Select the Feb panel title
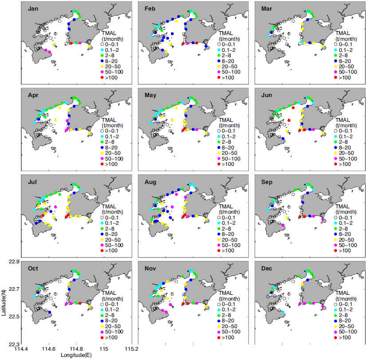tap(150, 8)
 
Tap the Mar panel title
tap(267, 8)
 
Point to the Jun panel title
tap(267, 95)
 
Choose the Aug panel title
tap(150, 182)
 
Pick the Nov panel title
tap(150, 269)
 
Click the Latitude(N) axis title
tap(4, 301)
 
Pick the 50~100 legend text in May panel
tap(231, 159)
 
